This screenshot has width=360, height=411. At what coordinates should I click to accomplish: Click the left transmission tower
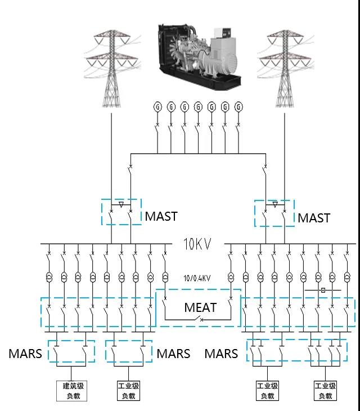click(112, 68)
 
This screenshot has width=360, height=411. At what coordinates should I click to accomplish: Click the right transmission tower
click(285, 68)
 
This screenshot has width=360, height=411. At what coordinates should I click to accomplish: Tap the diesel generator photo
click(200, 56)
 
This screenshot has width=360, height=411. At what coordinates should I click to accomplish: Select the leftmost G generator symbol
click(157, 106)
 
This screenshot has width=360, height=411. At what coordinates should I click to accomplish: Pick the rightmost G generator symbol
click(238, 106)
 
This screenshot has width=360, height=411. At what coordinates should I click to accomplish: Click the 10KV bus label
click(197, 244)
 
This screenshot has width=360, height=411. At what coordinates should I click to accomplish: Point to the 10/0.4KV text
click(197, 278)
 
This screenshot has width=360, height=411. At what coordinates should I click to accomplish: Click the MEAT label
click(200, 307)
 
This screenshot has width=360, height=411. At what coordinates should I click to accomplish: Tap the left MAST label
click(161, 216)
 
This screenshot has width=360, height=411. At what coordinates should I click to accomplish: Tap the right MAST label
click(314, 218)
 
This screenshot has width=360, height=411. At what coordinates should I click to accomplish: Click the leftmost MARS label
click(25, 354)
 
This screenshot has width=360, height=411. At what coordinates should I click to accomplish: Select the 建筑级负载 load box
click(72, 391)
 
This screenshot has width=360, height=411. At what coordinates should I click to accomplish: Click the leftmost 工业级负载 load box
click(128, 391)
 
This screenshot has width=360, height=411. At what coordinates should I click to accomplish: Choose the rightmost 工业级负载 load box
click(325, 391)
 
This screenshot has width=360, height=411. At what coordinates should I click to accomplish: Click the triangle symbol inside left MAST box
click(121, 205)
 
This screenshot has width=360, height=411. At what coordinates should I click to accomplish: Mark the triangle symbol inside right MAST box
click(274, 205)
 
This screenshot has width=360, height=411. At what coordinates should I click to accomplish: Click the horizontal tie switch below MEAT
click(198, 319)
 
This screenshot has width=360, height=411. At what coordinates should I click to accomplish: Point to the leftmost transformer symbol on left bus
click(49, 276)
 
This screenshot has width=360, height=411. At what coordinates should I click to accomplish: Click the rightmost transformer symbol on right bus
click(347, 276)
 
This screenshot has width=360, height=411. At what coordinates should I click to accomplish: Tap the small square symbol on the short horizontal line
click(323, 290)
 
